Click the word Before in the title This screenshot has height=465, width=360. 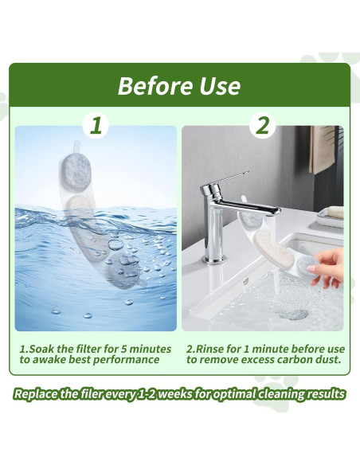[155, 85]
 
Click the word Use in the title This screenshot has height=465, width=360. [217, 85]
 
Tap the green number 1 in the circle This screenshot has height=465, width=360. [96, 125]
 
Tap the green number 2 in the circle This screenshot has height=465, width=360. [262, 125]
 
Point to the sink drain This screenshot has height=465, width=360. [295, 314]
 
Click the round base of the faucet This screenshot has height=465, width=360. [213, 258]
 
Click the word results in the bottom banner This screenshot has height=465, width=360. [326, 393]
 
